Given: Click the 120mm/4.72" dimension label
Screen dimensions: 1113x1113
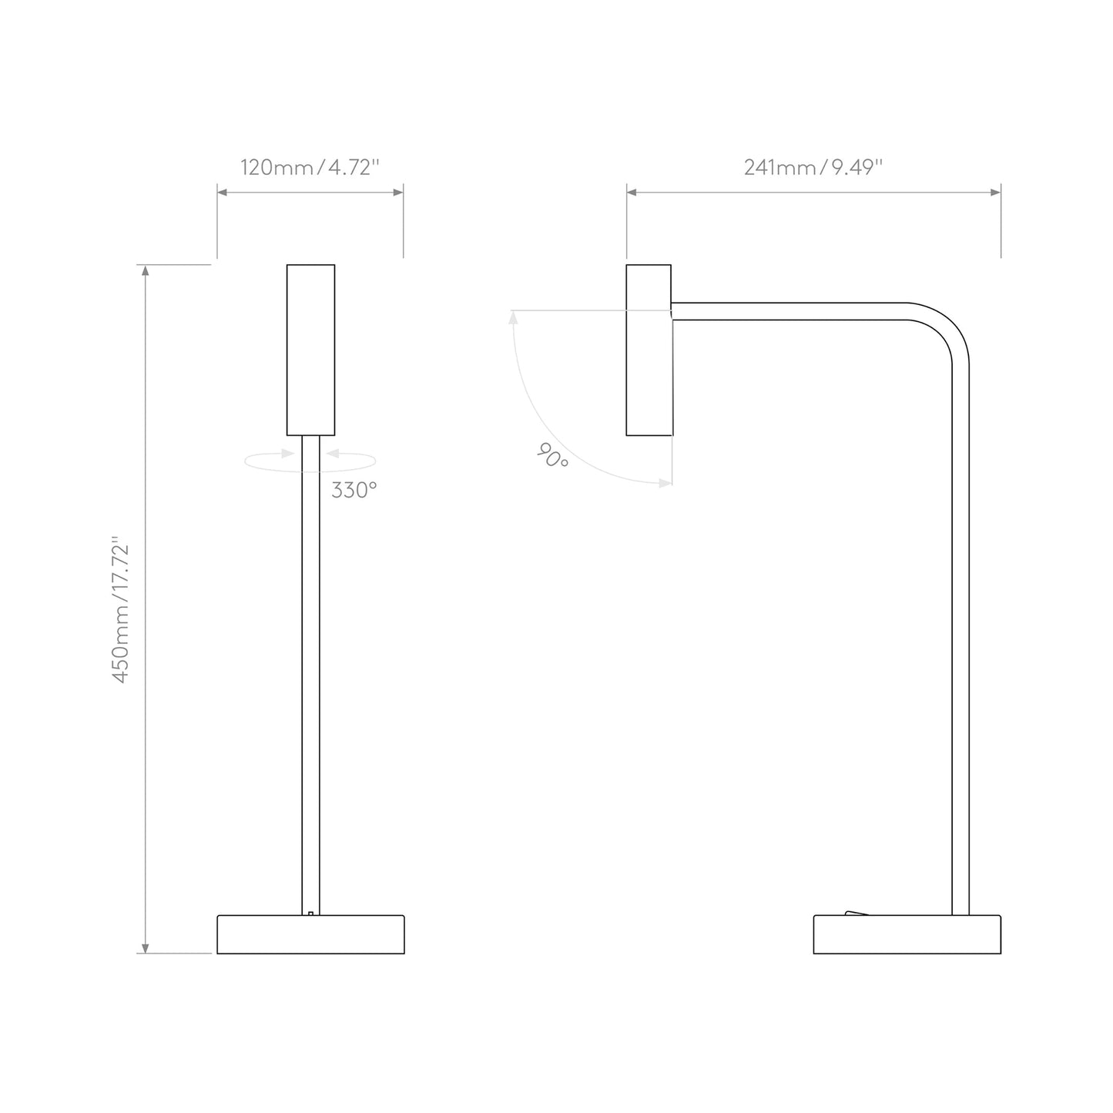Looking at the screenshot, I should pos(310,167).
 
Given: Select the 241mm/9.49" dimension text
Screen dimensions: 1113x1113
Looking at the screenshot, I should pos(813,167).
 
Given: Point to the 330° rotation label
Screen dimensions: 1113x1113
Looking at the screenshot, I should pos(354,490).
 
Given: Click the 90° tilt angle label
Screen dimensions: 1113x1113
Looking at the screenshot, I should pos(552,457).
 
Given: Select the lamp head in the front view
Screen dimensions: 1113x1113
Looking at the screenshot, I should pos(310,350).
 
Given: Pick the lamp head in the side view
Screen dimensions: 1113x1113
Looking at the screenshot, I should pos(649,350).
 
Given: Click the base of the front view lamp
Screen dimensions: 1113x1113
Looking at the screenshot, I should pos(310,934).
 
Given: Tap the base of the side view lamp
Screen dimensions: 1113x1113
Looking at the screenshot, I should pos(907,934).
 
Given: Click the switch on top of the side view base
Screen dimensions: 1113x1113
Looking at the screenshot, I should pos(856,913).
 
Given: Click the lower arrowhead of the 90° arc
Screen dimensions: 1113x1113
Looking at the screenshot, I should pos(665,483).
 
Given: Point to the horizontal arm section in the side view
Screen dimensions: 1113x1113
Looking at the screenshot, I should pos(786,311).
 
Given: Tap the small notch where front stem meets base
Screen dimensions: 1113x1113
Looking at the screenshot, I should pos(310,914).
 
